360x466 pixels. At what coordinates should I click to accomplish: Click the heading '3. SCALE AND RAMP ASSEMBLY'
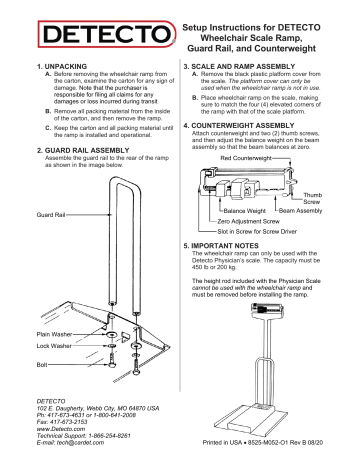[x=246, y=62]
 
